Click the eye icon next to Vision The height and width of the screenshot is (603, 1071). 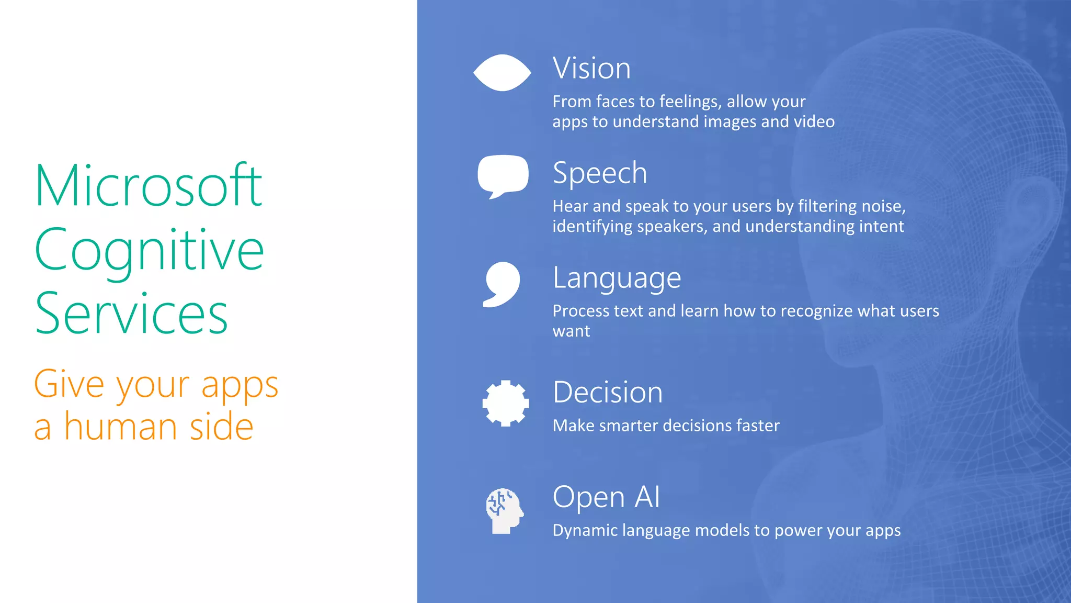pos(502,73)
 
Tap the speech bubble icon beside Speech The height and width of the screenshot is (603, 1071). pos(503,175)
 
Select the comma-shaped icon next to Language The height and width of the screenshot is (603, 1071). pos(502,284)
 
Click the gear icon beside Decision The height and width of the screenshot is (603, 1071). pos(505,403)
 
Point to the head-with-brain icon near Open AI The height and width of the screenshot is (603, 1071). pos(504,510)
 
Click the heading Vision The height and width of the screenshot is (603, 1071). pos(591,69)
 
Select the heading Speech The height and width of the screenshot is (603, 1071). pos(600,173)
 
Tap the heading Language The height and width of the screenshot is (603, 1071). pos(617,278)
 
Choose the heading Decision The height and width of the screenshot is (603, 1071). pos(608,393)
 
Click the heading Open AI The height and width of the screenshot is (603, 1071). pos(606,497)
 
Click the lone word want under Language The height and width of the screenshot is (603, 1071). pos(571,331)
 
